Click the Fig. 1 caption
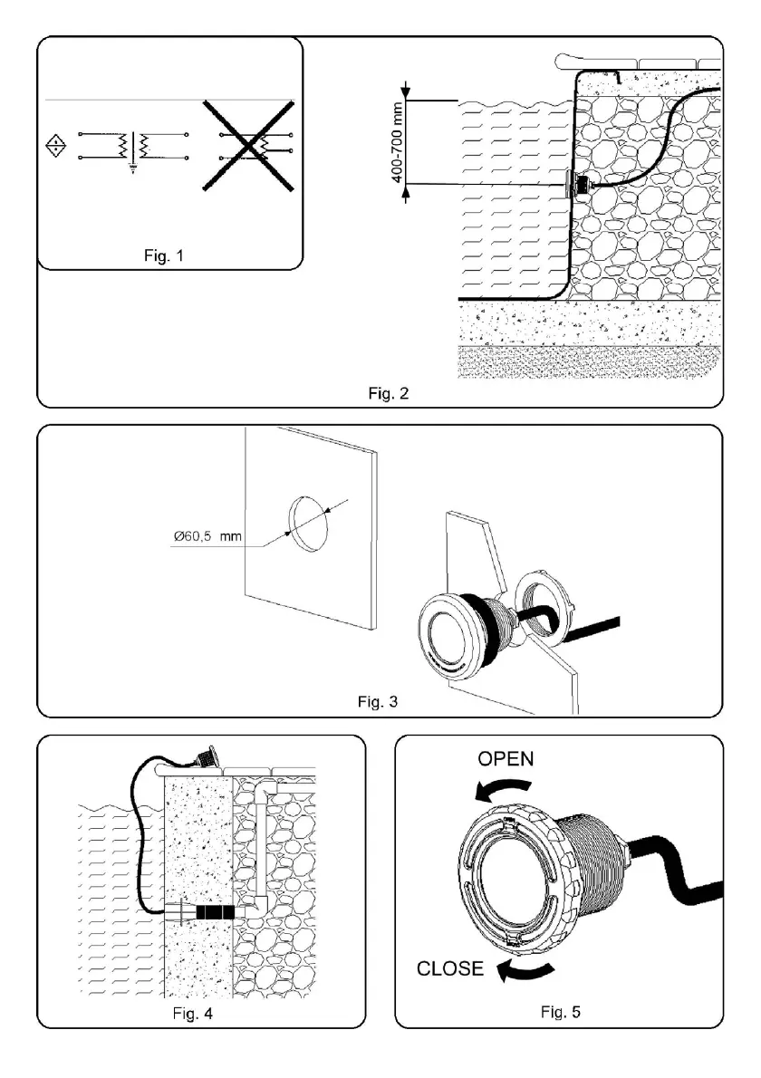tap(164, 256)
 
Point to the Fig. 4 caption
tap(191, 1014)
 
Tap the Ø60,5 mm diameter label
tap(207, 537)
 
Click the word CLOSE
tap(450, 968)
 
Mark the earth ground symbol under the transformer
tap(133, 168)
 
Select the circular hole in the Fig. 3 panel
tap(306, 523)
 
